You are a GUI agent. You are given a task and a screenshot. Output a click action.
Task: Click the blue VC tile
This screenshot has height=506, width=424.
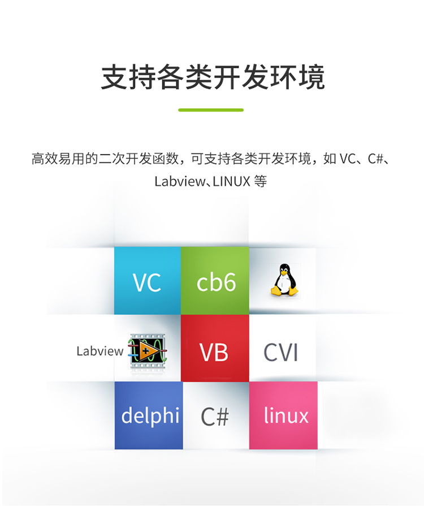tap(147, 281)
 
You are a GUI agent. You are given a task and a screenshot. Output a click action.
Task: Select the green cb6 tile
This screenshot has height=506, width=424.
tap(215, 281)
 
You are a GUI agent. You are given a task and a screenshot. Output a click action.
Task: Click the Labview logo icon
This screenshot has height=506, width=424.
tap(148, 351)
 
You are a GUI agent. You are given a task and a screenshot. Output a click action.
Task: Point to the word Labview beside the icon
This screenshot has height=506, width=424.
tap(99, 351)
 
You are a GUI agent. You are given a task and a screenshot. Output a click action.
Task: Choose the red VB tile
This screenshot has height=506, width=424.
tap(214, 351)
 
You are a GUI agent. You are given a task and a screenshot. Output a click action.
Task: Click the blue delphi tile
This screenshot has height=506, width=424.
tap(149, 416)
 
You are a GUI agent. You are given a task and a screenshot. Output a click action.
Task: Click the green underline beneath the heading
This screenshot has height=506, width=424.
tap(211, 110)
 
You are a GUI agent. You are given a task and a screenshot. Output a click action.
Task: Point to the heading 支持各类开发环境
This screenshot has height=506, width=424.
tap(213, 78)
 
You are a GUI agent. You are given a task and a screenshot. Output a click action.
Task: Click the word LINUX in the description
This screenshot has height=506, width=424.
tap(228, 182)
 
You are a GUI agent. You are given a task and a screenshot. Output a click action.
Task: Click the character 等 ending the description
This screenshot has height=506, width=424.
tap(261, 182)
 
